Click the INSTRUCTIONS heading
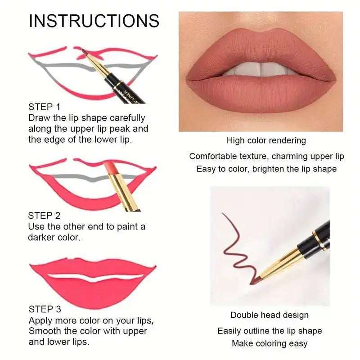pos(94,21)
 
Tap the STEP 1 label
pos(44,107)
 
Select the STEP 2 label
pos(44,216)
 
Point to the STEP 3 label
pos(45,309)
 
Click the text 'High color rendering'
pos(266,140)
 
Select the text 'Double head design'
pos(270,315)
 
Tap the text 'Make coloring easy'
pos(270,344)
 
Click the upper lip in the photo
pos(261,49)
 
